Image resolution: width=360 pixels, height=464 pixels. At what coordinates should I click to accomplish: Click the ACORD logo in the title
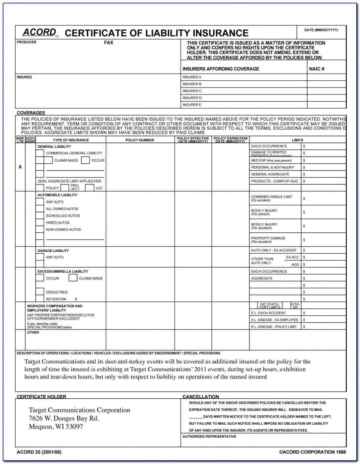[39, 32]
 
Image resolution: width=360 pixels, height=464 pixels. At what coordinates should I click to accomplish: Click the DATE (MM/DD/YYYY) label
[321, 30]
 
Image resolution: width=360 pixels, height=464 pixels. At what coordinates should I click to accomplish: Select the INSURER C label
[192, 91]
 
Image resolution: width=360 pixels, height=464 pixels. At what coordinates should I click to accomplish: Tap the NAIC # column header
[317, 69]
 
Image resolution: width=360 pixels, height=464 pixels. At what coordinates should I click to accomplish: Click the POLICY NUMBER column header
[140, 140]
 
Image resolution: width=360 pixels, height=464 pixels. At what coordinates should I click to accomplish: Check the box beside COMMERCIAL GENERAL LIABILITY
[40, 153]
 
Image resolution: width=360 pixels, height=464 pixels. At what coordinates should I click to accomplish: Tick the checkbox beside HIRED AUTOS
[40, 223]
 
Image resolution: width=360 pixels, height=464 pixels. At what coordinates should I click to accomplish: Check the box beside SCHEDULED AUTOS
[40, 216]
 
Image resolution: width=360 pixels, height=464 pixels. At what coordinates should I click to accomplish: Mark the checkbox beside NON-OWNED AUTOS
[40, 230]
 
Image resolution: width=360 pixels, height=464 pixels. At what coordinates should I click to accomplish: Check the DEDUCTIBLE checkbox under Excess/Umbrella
[40, 292]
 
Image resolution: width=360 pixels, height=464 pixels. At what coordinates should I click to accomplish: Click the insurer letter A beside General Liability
[20, 167]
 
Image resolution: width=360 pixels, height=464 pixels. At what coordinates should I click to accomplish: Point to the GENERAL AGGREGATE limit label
[270, 174]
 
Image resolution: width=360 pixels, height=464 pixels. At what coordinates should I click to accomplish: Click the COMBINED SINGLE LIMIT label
[271, 197]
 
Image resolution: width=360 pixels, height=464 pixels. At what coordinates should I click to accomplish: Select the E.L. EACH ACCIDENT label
[268, 313]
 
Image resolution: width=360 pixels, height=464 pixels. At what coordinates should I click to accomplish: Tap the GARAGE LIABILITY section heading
[53, 251]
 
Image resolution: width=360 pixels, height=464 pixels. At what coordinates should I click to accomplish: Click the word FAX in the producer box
[108, 42]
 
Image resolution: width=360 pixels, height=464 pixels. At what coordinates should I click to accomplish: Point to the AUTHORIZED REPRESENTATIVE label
[209, 436]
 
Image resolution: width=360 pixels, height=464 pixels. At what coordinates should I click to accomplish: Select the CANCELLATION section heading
[201, 397]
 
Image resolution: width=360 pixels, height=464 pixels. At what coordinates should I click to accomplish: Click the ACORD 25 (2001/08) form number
[39, 452]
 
